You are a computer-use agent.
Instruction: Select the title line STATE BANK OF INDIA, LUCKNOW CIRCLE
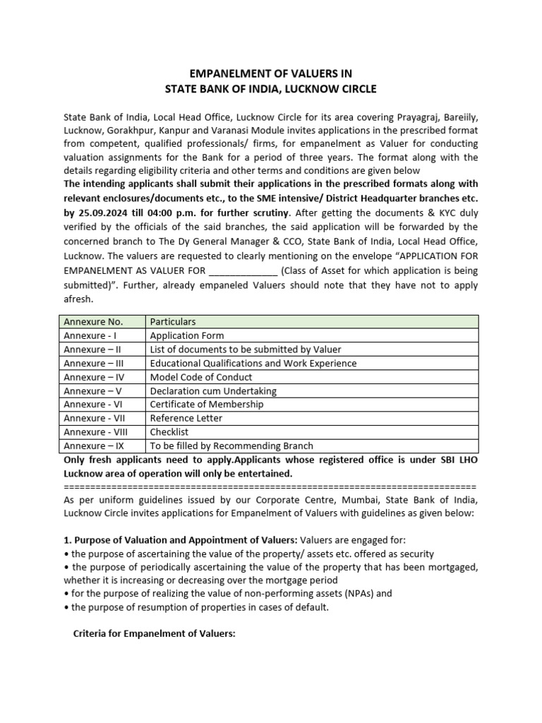271,89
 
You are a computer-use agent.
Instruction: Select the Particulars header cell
173,322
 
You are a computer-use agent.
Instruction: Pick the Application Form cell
187,335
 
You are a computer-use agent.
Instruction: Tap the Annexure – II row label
92,349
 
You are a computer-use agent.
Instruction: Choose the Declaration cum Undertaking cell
213,390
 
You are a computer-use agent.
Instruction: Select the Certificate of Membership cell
207,404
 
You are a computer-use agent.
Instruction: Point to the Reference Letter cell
186,418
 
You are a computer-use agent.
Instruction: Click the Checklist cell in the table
170,431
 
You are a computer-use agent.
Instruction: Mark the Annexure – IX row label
93,446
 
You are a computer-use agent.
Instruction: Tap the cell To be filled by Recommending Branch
231,446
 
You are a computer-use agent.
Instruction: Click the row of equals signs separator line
270,486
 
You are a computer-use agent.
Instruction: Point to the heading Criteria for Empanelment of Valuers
154,634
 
